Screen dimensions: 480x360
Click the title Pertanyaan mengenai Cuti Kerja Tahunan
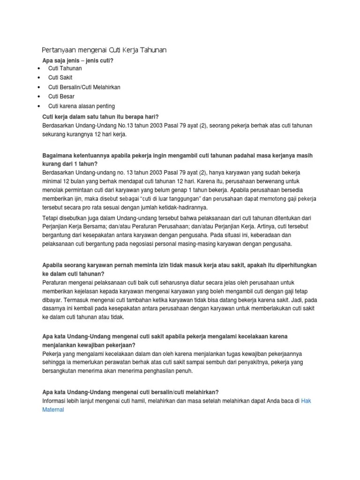104,50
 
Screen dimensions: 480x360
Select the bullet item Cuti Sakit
60,77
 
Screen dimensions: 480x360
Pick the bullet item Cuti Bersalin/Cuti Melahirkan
84,87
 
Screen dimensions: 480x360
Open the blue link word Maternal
52,409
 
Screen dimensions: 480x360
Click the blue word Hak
306,400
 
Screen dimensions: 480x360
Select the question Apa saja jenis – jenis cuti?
78,60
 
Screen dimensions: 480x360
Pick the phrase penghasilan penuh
167,371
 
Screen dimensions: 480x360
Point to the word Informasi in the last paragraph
57,400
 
